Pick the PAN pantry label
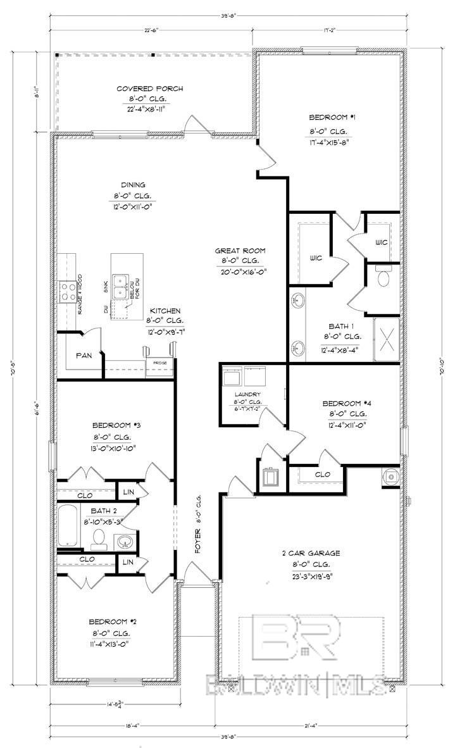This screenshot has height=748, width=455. tap(84, 356)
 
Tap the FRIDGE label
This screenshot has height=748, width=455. tap(156, 363)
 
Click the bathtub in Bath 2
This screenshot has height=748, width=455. tap(68, 526)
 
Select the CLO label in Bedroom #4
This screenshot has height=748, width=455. tap(305, 473)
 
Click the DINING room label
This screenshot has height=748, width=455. tap(129, 185)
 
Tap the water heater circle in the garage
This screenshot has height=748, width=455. tap(390, 477)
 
